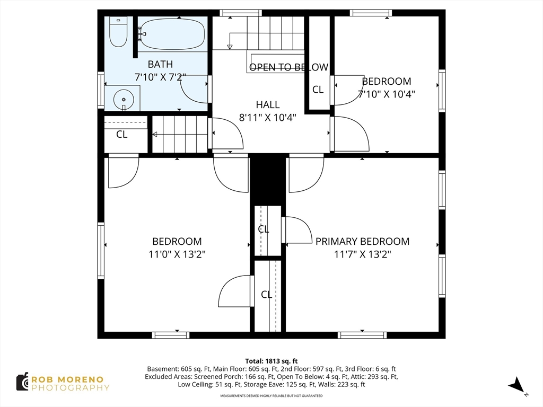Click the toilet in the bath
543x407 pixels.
point(118,31)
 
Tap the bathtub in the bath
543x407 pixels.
point(172,34)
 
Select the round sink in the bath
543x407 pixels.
point(124,99)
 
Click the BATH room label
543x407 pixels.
point(160,64)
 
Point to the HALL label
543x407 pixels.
point(268,104)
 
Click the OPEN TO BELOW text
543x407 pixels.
point(288,67)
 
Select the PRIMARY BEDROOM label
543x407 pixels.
point(362,241)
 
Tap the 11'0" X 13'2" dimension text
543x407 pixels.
point(177,254)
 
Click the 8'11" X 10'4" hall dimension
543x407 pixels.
point(268,118)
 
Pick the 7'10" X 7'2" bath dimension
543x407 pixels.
point(160,77)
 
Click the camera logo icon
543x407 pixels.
point(23,382)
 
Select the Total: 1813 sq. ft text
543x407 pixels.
point(271,361)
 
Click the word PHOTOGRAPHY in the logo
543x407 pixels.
point(71,387)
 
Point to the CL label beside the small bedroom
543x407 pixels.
point(318,89)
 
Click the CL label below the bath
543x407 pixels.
point(121,134)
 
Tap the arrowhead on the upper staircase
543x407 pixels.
point(229,47)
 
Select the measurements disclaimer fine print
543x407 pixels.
point(271,395)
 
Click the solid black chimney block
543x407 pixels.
point(268,180)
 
